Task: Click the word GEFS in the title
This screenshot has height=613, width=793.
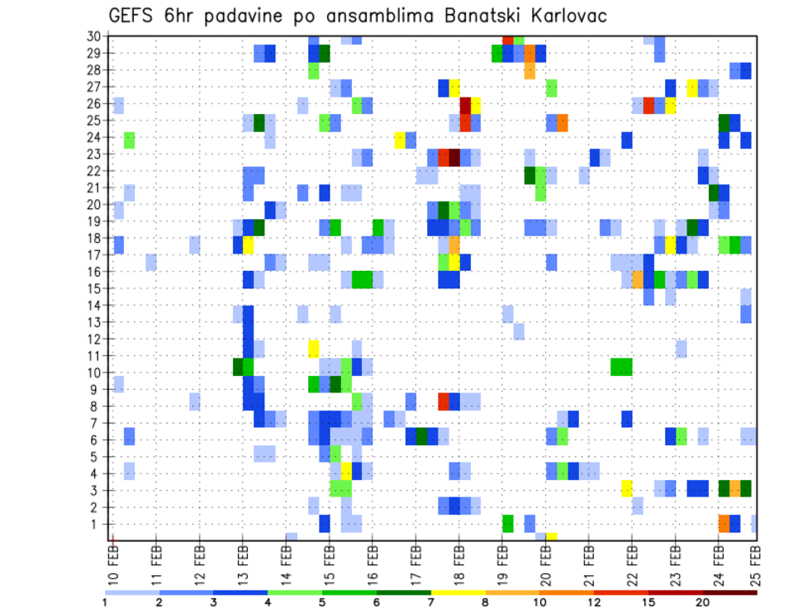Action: click(x=130, y=16)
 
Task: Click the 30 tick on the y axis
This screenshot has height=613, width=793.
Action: click(x=93, y=36)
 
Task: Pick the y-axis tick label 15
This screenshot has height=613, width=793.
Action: click(x=93, y=288)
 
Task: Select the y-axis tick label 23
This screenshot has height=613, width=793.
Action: click(x=93, y=154)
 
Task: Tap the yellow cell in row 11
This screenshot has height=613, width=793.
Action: click(x=314, y=348)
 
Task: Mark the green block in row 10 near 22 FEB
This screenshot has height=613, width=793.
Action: click(x=621, y=365)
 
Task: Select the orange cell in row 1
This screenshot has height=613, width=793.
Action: click(x=724, y=524)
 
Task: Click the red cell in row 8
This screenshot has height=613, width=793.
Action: click(x=444, y=402)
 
